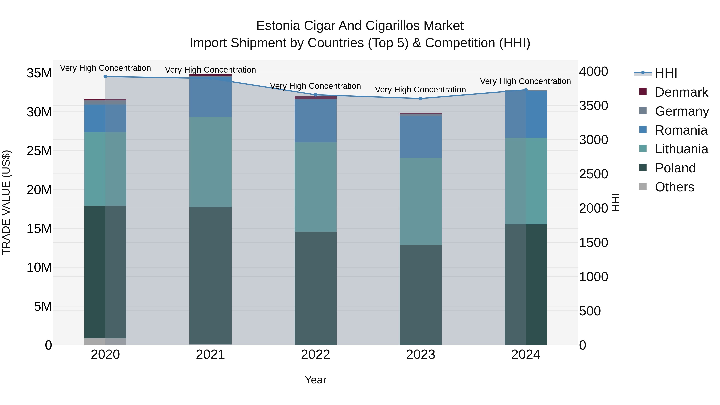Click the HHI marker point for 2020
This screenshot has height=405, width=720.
(x=105, y=77)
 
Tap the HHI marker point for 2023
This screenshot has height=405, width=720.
(x=421, y=98)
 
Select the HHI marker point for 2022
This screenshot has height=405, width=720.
(x=316, y=95)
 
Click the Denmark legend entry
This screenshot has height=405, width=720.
(x=681, y=92)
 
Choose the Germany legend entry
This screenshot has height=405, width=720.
(x=682, y=111)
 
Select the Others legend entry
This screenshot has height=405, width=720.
(x=674, y=187)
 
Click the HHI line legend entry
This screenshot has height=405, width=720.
(x=666, y=73)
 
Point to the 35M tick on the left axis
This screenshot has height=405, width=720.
(x=39, y=73)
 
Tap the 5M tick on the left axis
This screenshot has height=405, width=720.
(x=43, y=307)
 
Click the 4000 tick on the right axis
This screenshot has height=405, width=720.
(x=593, y=72)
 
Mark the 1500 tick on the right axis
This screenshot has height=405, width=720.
(x=593, y=243)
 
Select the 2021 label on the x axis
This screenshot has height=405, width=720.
(x=210, y=355)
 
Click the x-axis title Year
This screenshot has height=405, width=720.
(x=316, y=380)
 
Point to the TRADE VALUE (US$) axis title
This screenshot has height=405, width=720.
(x=6, y=202)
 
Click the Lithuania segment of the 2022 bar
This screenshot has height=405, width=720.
(x=316, y=187)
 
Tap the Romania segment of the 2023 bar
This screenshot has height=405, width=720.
(x=421, y=137)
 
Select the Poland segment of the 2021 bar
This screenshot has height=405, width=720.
(x=210, y=276)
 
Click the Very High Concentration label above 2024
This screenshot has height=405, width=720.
(x=525, y=81)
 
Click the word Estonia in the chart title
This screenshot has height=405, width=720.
(x=278, y=26)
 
